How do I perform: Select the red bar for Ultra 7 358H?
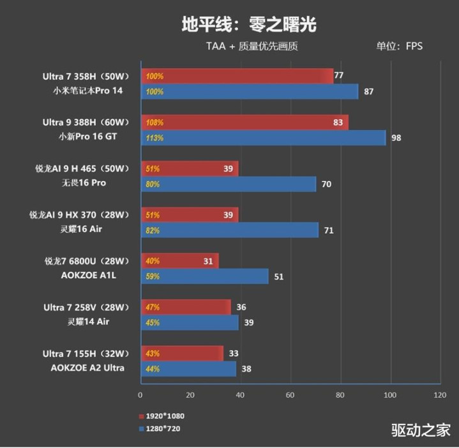[x=236, y=76]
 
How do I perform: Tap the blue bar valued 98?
[x=263, y=138]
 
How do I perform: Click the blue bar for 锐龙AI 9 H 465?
[x=228, y=184]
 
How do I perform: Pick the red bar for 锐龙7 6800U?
[x=179, y=261]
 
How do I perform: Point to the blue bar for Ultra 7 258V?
[x=189, y=322]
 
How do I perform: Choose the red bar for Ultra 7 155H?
[x=181, y=353]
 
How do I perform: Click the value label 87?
[x=368, y=92]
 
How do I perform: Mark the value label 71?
[x=329, y=231]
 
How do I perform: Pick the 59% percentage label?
[x=153, y=277]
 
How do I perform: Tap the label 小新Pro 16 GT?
[x=88, y=136]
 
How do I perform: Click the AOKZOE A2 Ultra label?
[x=88, y=368]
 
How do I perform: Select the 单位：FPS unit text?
[x=399, y=46]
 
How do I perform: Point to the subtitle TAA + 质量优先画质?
[x=252, y=46]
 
